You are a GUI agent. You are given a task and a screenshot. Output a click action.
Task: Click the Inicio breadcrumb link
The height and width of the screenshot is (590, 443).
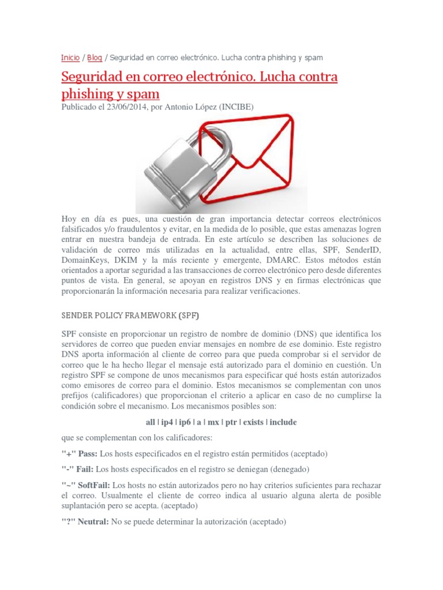pos(70,58)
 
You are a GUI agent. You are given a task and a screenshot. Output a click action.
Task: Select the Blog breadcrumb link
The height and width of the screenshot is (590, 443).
pos(95,58)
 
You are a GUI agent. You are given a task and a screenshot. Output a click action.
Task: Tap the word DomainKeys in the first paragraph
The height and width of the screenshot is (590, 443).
pos(82,260)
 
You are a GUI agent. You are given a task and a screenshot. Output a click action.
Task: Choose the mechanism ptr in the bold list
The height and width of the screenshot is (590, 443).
pos(231,422)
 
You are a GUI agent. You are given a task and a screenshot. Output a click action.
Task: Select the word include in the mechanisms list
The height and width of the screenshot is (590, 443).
pos(283,422)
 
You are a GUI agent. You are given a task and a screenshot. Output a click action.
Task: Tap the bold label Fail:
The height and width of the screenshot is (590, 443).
pos(84,468)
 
